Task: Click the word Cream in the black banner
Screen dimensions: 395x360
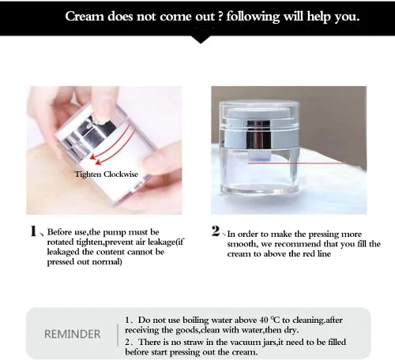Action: [85, 17]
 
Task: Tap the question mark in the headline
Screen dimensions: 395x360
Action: [220, 17]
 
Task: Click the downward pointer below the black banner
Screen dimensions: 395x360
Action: [201, 39]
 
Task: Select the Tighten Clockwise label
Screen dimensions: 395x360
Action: [106, 174]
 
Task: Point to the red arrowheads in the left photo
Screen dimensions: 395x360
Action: [95, 159]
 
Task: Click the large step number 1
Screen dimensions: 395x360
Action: [33, 231]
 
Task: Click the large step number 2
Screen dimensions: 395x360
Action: [216, 231]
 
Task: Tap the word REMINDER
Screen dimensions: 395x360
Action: [73, 334]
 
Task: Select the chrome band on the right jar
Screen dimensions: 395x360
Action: [258, 140]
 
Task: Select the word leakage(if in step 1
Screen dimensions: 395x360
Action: [166, 242]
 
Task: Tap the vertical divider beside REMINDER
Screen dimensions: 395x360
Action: [118, 335]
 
